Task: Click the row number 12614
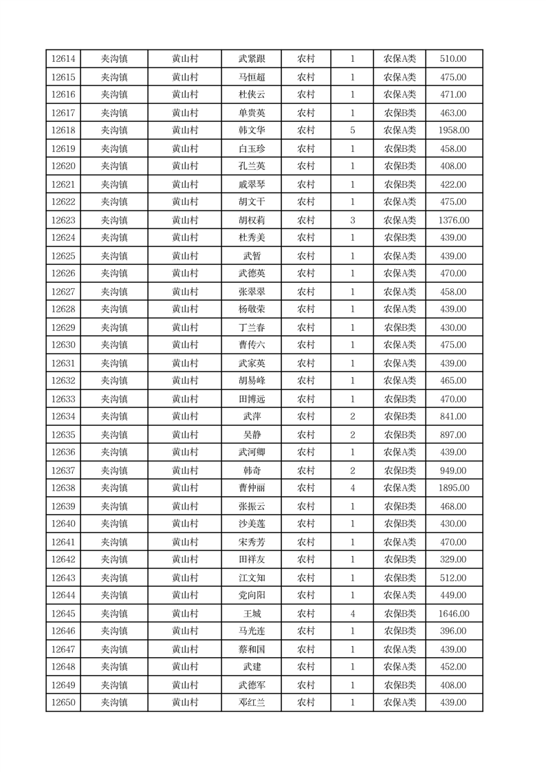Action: tap(63, 59)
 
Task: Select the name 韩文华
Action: tap(252, 131)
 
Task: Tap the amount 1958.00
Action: tap(453, 131)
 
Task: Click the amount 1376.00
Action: tap(453, 220)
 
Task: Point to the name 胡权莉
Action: tap(252, 220)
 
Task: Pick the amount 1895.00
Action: tap(453, 489)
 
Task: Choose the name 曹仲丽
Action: tap(252, 489)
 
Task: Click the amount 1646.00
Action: tap(453, 614)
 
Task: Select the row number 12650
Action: tap(63, 703)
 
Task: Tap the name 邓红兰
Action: tap(252, 703)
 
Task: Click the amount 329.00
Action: tap(453, 560)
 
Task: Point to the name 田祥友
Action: tap(252, 560)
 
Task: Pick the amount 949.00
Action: tap(453, 471)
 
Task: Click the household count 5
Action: tap(353, 131)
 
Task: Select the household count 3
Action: tap(353, 220)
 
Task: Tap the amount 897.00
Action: tap(453, 435)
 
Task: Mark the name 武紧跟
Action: tap(252, 59)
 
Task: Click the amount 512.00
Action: tap(453, 578)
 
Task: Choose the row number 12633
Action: tap(63, 399)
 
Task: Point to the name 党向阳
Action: tap(252, 596)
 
